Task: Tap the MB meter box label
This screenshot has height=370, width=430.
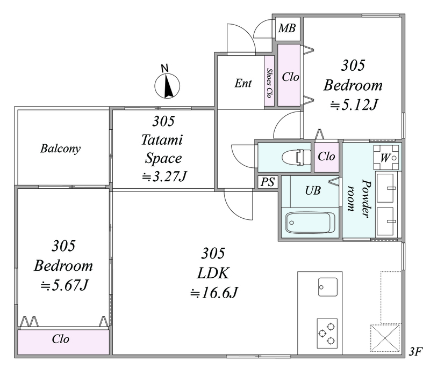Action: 287,28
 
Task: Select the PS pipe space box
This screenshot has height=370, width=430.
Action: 267,182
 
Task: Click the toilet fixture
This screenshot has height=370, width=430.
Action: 296,157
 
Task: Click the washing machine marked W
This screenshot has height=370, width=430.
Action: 386,158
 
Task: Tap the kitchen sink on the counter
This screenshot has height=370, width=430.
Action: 328,287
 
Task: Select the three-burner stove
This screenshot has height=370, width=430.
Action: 327,334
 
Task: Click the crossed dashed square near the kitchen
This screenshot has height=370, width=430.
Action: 385,338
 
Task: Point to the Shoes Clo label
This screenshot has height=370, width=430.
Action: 269,83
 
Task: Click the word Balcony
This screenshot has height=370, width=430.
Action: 61,149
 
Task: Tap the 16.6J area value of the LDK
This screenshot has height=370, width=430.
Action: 214,293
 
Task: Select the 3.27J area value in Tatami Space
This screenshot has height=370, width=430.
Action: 164,176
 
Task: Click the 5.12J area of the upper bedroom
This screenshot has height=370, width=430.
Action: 354,105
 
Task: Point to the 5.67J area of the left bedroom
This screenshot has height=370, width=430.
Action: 64,285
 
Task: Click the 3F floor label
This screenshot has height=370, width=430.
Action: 415,352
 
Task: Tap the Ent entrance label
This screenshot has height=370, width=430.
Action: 243,83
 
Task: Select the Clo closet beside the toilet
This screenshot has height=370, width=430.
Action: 326,157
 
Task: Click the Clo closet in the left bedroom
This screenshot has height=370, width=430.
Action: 63,342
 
